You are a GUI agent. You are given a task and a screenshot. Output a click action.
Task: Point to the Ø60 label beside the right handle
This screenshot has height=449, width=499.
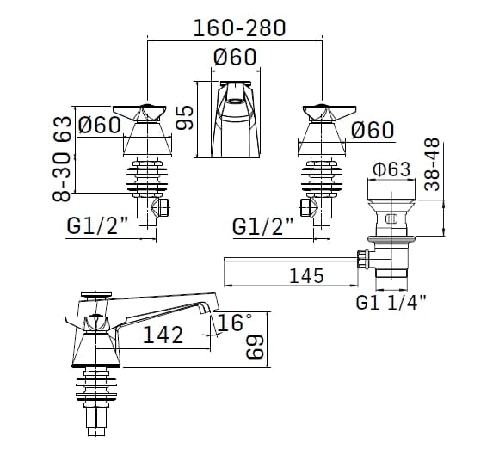point(372,130)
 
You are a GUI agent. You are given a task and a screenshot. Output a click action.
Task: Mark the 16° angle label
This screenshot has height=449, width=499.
point(234,323)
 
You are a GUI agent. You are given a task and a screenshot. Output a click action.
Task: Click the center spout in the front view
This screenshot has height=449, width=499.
point(235,120)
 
